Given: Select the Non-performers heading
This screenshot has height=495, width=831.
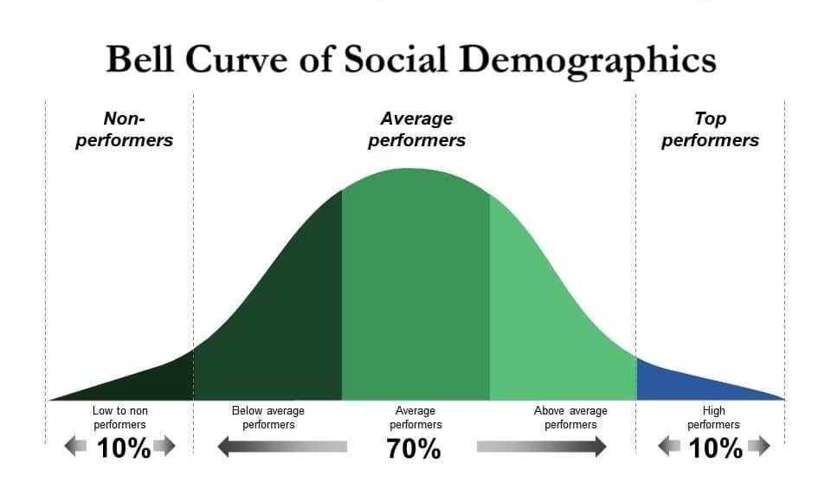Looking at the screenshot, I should pyautogui.click(x=124, y=129).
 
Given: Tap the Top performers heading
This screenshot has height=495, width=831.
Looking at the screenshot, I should pyautogui.click(x=710, y=129).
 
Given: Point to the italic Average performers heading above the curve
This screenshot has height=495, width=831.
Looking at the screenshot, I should pyautogui.click(x=416, y=129).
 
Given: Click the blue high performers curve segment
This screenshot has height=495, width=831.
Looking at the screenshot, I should pyautogui.click(x=684, y=380).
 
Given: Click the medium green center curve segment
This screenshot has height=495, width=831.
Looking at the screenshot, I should pyautogui.click(x=415, y=286).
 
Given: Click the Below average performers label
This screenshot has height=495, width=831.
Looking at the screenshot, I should pyautogui.click(x=268, y=417).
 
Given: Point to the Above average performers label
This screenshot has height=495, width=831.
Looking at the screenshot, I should pyautogui.click(x=570, y=417).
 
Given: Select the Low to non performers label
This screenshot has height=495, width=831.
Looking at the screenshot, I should pyautogui.click(x=119, y=417).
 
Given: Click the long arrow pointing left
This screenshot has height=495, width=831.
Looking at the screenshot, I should pyautogui.click(x=281, y=447).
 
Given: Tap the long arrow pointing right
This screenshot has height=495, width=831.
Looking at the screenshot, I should pyautogui.click(x=542, y=447).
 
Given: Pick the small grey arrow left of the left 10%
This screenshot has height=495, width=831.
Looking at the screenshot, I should pyautogui.click(x=75, y=447).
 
